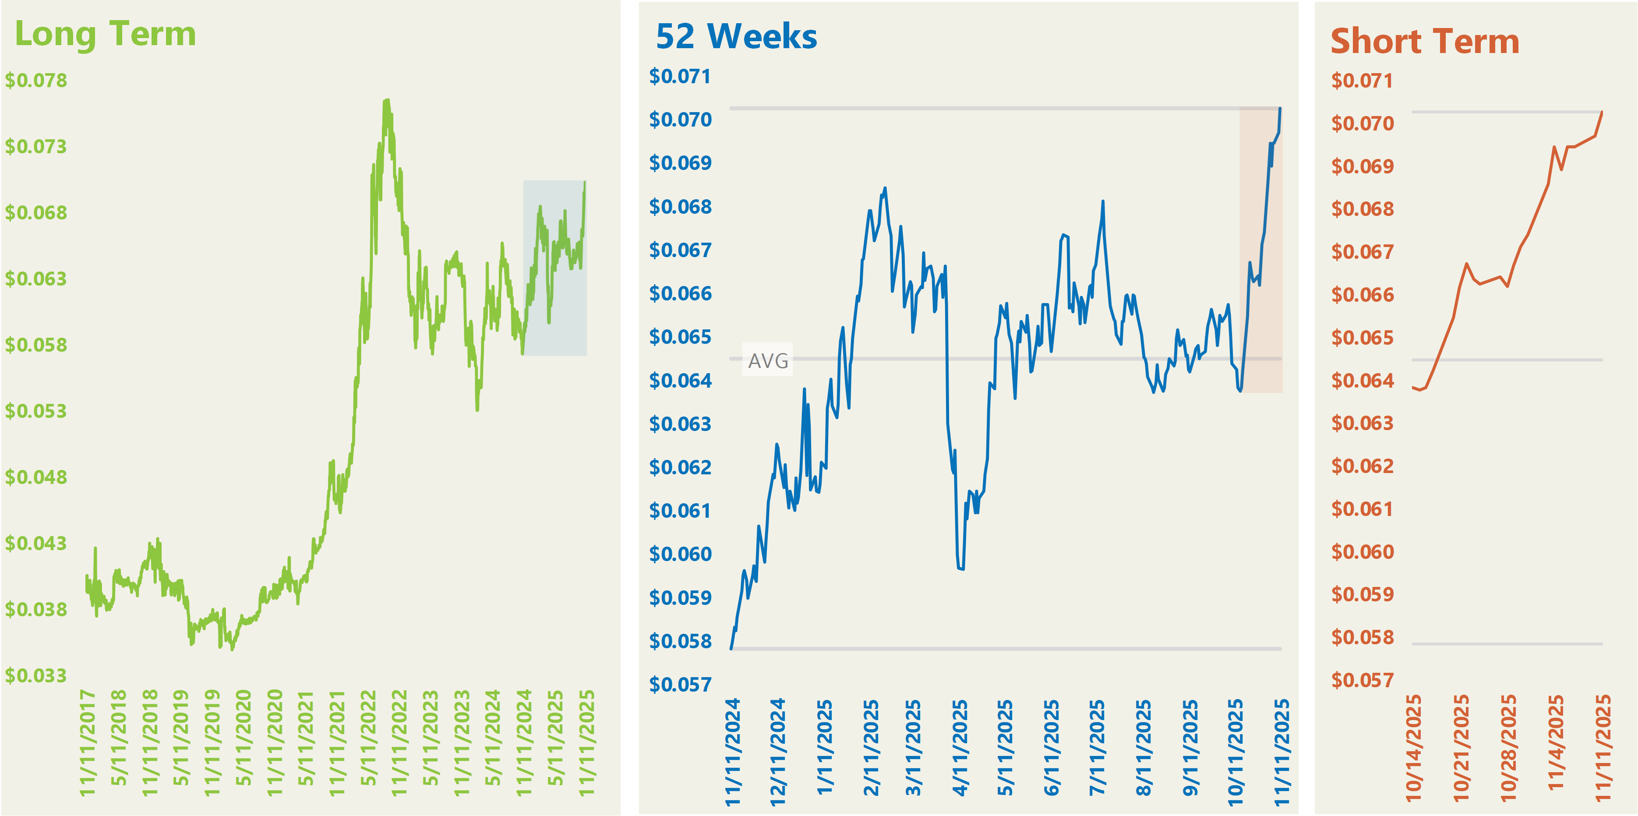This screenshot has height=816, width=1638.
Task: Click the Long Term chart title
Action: (105, 34)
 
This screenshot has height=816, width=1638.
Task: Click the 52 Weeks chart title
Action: (736, 37)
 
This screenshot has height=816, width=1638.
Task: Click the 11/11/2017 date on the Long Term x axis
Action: (87, 742)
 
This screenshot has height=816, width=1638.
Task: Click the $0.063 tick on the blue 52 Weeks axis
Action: (680, 424)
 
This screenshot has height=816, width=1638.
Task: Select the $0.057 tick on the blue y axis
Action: (680, 684)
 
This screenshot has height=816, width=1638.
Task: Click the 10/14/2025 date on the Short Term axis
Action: (1413, 747)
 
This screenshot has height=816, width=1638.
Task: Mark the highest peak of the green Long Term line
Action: (386, 100)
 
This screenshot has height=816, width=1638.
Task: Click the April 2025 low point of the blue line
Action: (961, 568)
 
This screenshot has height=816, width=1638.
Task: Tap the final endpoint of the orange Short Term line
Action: (1602, 113)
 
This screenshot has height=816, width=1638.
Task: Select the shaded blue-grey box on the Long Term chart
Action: (554, 268)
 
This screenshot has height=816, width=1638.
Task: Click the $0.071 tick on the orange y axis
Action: (1362, 81)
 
